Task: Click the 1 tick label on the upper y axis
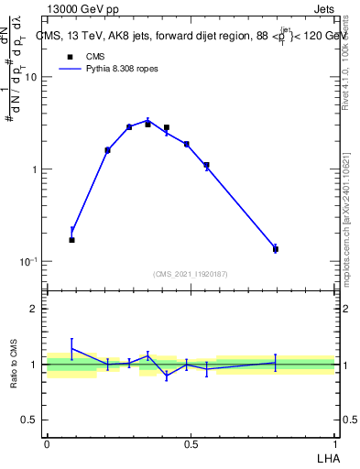coord(34,170)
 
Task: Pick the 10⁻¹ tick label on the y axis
coord(28,262)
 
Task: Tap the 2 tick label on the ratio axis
coord(35,309)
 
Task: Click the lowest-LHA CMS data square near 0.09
coord(71,240)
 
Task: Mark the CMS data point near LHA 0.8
coord(275,249)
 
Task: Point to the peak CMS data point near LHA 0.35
coord(147,124)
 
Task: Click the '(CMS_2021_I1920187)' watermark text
coord(191,274)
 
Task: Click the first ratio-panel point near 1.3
coord(71,348)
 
